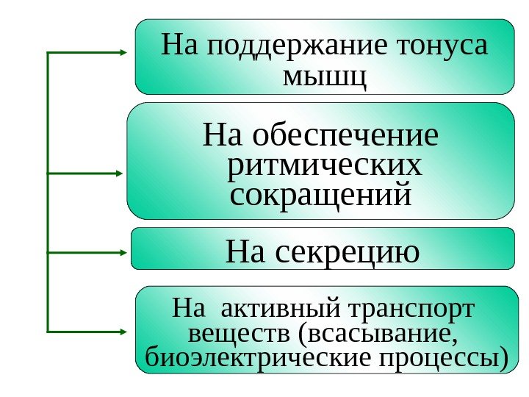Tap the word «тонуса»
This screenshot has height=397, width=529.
pyautogui.click(x=441, y=46)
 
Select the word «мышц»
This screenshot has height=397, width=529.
pyautogui.click(x=324, y=76)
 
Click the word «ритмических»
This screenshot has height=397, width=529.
pyautogui.click(x=325, y=166)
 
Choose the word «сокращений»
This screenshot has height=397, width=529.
pyautogui.click(x=319, y=196)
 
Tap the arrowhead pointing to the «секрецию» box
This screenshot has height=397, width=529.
pyautogui.click(x=123, y=253)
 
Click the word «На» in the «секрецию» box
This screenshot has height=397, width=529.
pyautogui.click(x=248, y=251)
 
